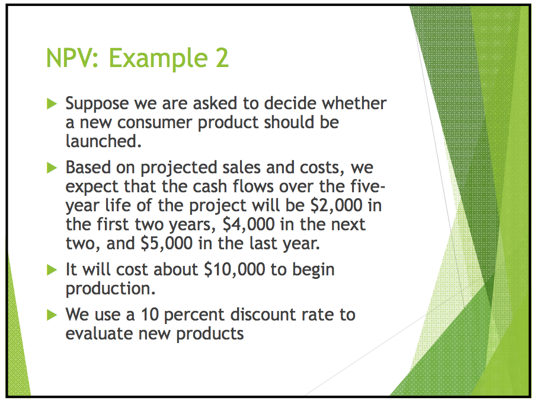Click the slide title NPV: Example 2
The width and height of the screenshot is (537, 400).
[x=138, y=59]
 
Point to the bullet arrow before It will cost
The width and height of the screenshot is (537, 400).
[x=53, y=270]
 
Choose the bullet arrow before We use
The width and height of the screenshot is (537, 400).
[x=53, y=315]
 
